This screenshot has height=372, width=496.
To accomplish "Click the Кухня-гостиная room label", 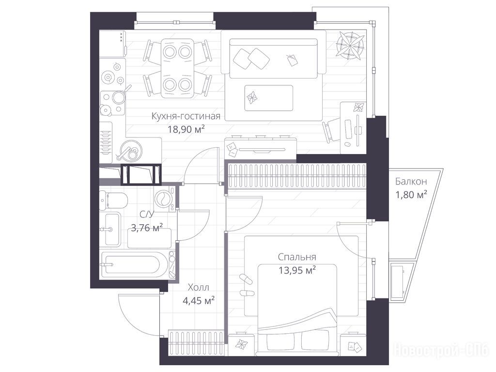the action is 186,116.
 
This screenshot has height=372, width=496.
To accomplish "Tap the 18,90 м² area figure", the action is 186,129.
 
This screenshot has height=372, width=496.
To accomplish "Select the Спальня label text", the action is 297,257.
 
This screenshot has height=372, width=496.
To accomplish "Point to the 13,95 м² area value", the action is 297,270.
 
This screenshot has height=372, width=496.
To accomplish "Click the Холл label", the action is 198,288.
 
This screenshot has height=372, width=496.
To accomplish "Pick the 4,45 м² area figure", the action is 199,300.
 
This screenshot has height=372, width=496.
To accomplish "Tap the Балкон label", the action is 411,182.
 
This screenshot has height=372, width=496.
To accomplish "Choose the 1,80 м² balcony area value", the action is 411,194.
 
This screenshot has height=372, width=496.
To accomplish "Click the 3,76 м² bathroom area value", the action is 147,227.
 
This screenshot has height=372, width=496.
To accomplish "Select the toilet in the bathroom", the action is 113,200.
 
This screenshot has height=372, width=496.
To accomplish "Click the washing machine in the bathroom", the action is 165,198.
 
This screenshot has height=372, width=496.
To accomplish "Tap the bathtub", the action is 135,264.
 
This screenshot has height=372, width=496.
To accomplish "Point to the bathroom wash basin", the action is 112,230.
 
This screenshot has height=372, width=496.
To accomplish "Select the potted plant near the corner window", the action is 350,46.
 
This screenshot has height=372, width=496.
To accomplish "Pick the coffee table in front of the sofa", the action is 268,98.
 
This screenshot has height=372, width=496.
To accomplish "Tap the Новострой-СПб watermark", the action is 441,350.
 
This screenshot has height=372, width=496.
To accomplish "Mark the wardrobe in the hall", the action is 197,341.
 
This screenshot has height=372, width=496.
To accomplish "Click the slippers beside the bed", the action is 246,286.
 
